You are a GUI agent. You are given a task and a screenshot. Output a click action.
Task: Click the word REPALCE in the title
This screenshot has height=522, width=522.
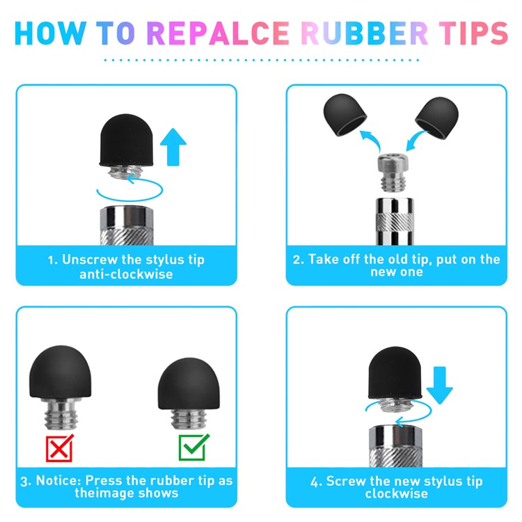click(x=218, y=33)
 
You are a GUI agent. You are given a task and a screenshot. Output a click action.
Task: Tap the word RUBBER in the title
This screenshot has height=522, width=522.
click(x=365, y=33)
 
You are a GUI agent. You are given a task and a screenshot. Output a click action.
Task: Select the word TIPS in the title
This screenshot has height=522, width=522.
click(x=473, y=33)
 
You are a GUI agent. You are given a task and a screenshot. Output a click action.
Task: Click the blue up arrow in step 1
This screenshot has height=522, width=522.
click(x=173, y=147)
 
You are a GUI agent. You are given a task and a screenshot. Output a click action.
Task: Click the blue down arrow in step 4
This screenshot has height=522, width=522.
click(x=439, y=385)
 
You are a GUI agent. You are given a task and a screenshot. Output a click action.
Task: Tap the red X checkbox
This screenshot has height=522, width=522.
click(x=60, y=448)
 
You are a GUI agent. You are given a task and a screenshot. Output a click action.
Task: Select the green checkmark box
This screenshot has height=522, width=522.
click(x=193, y=447)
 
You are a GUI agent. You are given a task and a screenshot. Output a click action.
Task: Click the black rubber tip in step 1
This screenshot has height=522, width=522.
click(x=127, y=140)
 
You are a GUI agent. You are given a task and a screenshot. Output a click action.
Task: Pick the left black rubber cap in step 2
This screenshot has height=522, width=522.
click(x=345, y=115)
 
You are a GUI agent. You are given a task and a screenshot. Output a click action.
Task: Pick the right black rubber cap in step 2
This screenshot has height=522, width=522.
click(x=437, y=118)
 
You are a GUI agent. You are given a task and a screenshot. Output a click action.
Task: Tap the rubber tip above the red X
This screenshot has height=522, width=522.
click(x=61, y=372)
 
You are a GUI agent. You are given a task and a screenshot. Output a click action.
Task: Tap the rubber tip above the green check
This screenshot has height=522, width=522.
click(x=189, y=383)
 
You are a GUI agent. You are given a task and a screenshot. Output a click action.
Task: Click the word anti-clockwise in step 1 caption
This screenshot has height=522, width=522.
click(x=126, y=274)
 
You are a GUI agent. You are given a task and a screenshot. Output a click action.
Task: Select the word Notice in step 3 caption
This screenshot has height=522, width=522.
click(x=58, y=480)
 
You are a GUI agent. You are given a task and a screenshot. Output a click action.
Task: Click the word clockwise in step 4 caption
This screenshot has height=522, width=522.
click(x=396, y=493)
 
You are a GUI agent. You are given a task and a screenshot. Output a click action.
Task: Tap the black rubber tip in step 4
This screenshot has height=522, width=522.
click(x=395, y=372)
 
